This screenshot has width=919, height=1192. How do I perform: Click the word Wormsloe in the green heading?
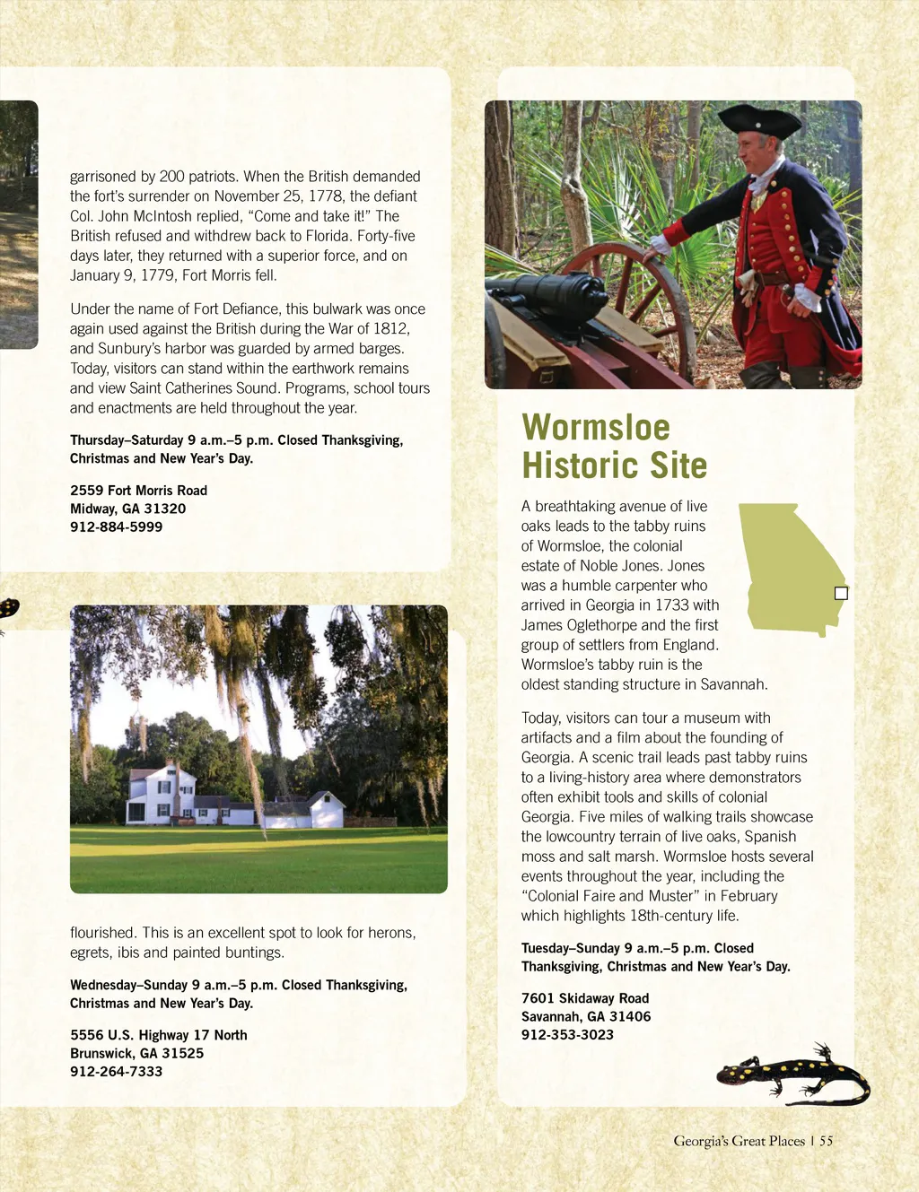596,428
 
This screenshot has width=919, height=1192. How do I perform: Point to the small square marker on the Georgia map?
841,593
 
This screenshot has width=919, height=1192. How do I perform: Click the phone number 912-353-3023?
567,1034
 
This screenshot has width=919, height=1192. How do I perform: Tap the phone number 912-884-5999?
116,526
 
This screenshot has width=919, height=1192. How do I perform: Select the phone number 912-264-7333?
116,1071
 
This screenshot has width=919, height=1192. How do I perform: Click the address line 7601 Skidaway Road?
584,998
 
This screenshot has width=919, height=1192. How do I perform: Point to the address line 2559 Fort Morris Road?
138,491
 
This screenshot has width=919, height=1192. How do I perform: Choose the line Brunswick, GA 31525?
136,1053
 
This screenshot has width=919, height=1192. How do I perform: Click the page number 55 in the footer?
826,1141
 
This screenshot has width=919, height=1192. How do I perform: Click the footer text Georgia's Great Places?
739,1141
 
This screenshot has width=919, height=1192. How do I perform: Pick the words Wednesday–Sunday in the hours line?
128,985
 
